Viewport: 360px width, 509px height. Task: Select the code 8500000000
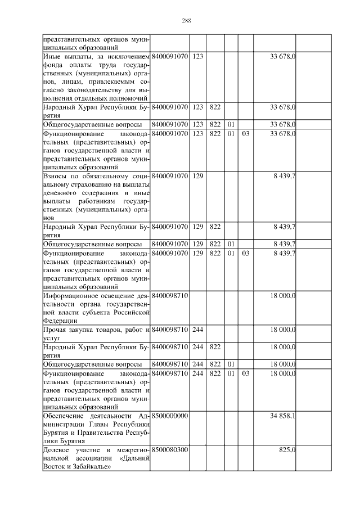(x=169, y=416)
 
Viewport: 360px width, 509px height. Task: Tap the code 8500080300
(x=169, y=451)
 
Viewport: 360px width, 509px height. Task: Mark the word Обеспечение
(x=66, y=416)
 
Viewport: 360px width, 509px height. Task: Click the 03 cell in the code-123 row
(x=245, y=133)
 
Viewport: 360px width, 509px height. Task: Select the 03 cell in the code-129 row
(x=245, y=254)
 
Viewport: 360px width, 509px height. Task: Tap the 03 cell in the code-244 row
(x=245, y=373)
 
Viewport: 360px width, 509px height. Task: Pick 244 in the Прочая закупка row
(x=197, y=329)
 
